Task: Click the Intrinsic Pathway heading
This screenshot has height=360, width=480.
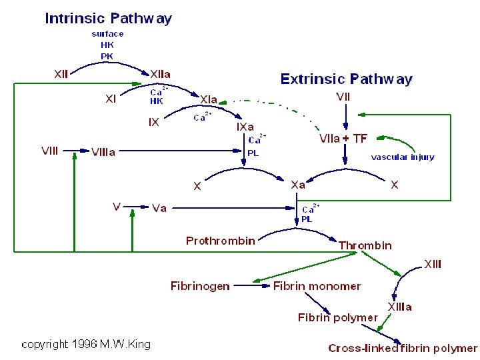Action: click(x=109, y=18)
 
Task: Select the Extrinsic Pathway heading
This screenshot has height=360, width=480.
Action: click(x=346, y=79)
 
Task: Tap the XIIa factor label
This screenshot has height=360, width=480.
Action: click(x=163, y=73)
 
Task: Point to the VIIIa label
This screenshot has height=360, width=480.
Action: click(x=103, y=152)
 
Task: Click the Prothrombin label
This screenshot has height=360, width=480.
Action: click(x=220, y=241)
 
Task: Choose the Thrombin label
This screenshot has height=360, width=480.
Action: click(x=365, y=245)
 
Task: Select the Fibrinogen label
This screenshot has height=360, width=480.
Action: click(x=200, y=286)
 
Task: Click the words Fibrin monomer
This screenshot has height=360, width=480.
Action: click(x=317, y=286)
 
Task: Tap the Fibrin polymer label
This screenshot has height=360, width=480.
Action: click(x=337, y=317)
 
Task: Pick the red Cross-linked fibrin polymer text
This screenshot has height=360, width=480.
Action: click(x=403, y=348)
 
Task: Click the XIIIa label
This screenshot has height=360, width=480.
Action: click(x=400, y=307)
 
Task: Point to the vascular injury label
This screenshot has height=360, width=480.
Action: click(x=403, y=157)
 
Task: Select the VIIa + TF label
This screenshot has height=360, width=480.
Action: click(x=343, y=139)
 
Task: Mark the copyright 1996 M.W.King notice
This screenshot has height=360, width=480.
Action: click(x=86, y=344)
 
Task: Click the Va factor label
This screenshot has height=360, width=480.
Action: click(x=159, y=208)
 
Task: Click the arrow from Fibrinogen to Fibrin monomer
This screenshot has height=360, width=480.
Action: click(x=252, y=286)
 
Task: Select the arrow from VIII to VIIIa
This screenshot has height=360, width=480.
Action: click(x=75, y=151)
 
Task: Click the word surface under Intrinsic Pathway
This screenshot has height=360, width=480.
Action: click(x=107, y=33)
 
